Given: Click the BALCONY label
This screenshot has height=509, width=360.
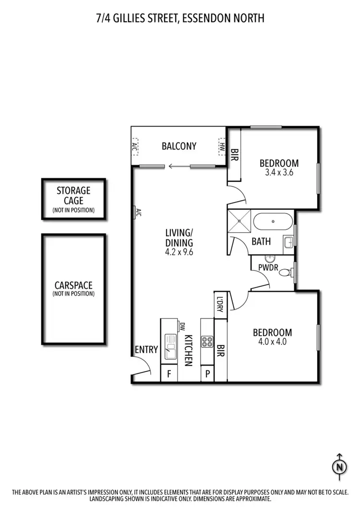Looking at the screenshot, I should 179,146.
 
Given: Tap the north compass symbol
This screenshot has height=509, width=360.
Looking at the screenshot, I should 339,466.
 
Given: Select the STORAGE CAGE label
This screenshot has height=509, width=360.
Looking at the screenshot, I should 73,195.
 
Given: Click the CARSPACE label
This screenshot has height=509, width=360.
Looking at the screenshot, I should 73,284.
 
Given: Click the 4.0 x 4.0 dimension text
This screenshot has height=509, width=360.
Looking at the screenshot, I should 272,342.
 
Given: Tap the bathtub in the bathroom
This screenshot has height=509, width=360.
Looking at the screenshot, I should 273,222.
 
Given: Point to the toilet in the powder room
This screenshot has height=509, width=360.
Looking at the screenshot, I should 285,272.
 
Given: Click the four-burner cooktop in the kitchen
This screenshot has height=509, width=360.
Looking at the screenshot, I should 207,342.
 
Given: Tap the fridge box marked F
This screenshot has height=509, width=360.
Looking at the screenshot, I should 169,374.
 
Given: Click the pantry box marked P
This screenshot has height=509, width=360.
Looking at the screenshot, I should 207,374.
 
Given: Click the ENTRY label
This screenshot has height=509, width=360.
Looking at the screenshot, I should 146,350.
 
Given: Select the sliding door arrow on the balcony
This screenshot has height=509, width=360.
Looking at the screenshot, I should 178,166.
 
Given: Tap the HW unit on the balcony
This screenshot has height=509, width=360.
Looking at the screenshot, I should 222,146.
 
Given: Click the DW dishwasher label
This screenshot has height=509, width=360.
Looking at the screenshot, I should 182,327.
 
